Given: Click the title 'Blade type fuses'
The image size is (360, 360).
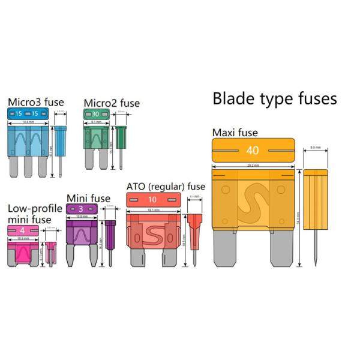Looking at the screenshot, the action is [275, 98].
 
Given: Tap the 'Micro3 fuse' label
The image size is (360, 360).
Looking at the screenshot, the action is [35, 102].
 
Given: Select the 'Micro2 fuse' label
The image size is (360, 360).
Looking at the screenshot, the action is [111, 103].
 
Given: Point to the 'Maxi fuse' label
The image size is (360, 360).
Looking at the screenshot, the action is [235, 132].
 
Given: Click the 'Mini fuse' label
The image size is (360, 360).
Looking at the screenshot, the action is [88, 198].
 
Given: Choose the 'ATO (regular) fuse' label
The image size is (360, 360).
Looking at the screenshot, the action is [166, 187].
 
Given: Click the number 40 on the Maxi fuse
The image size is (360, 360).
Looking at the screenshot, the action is [253, 151].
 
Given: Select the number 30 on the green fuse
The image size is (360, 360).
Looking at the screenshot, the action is [95, 114].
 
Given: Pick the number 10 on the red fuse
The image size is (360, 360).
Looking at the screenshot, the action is [153, 199].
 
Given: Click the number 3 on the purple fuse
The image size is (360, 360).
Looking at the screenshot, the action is [81, 209].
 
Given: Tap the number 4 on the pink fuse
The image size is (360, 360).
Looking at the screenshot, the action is [22, 230].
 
